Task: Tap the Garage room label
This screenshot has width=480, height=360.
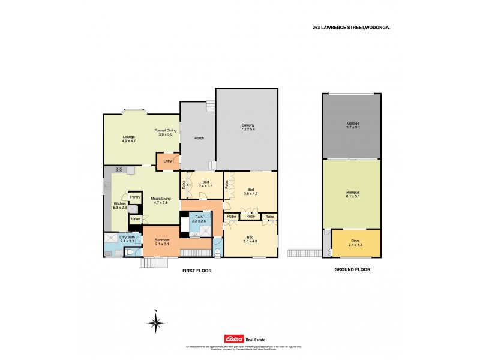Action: pyautogui.click(x=352, y=125)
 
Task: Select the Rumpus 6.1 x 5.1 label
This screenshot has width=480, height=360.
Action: pyautogui.click(x=352, y=194)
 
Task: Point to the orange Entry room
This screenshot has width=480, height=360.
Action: pyautogui.click(x=167, y=161)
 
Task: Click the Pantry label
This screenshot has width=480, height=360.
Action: pyautogui.click(x=135, y=197)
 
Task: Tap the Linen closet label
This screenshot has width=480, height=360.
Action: pyautogui.click(x=136, y=220)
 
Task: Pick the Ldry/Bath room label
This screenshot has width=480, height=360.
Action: pyautogui.click(x=125, y=239)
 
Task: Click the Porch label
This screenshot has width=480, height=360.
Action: pyautogui.click(x=199, y=139)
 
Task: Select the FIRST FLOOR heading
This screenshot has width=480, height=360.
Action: pyautogui.click(x=197, y=271)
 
